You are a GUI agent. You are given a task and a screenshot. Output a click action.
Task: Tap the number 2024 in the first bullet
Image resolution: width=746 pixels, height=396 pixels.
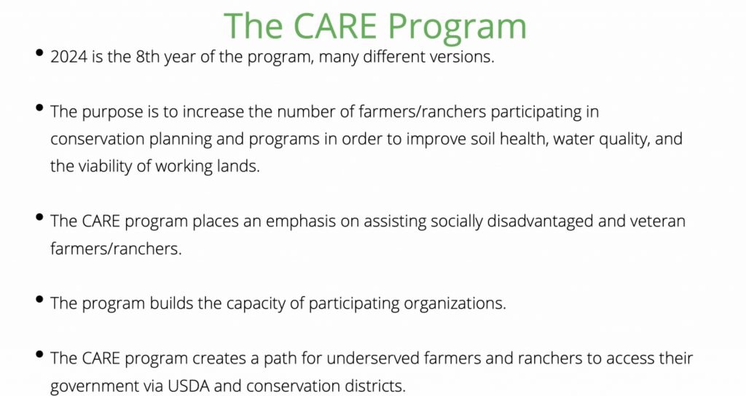click(69, 57)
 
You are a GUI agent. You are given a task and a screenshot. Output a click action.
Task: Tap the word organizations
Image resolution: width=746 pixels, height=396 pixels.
click(455, 304)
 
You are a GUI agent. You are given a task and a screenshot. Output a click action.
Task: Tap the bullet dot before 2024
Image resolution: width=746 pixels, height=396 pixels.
click(41, 52)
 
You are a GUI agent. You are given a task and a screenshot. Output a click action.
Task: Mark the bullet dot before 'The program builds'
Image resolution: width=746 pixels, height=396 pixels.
click(41, 299)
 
